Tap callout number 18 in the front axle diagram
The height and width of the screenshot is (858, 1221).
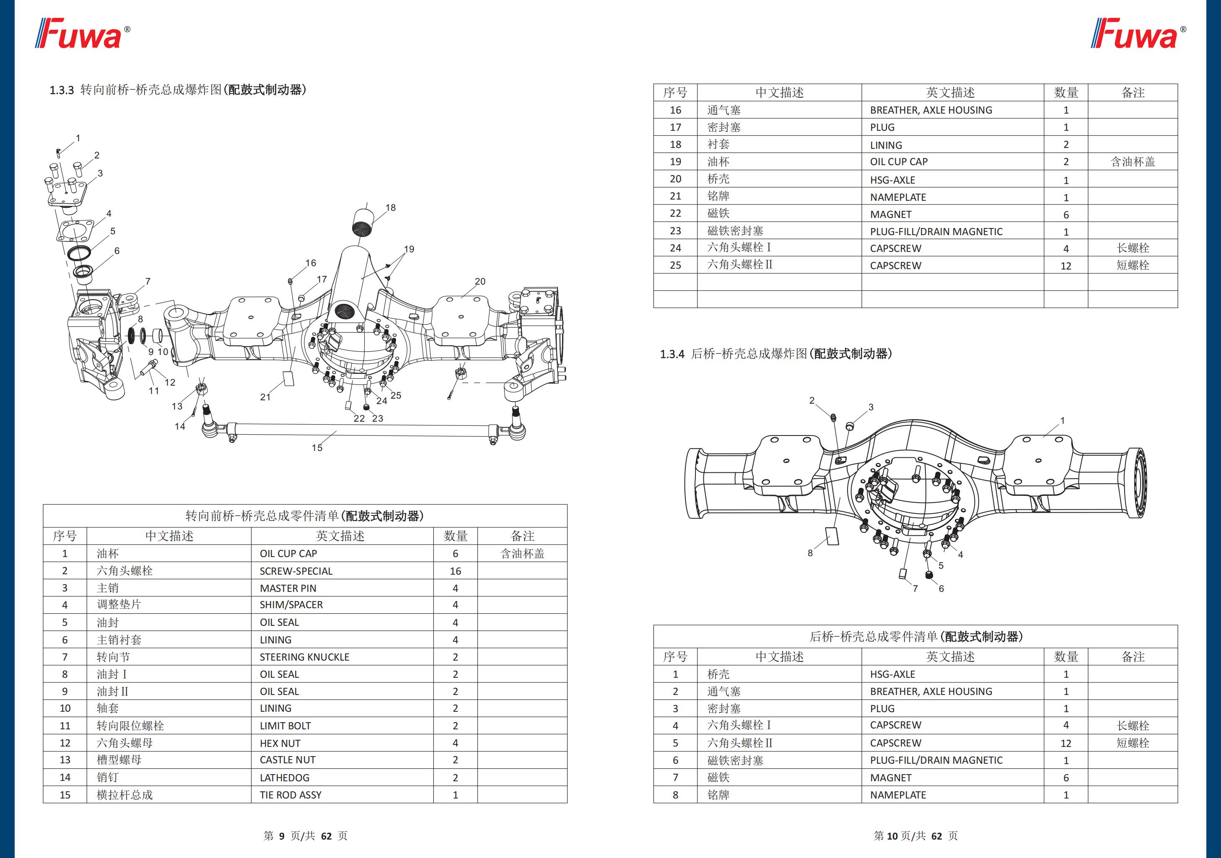(x=390, y=207)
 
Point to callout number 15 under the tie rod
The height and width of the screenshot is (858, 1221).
(x=317, y=448)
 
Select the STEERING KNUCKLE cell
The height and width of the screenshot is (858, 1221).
(x=304, y=657)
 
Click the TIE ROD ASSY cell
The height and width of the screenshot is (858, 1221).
(x=290, y=795)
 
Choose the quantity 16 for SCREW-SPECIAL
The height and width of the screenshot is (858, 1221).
(x=455, y=571)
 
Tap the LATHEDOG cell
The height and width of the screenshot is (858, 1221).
(x=285, y=778)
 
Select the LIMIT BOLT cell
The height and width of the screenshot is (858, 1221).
(x=285, y=726)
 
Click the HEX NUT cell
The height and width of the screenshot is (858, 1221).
(x=280, y=743)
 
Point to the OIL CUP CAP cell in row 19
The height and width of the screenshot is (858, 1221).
(x=898, y=162)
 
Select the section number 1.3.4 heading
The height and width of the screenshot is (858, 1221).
(x=671, y=354)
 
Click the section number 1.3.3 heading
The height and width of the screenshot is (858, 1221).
(x=62, y=90)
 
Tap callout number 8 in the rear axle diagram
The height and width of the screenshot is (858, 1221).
(x=810, y=553)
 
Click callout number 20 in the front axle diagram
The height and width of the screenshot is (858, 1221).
(x=480, y=281)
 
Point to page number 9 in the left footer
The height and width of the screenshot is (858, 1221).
(x=282, y=836)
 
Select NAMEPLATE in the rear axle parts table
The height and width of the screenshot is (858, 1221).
(x=898, y=795)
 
